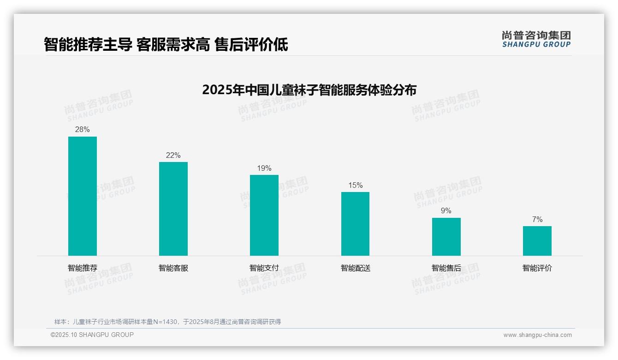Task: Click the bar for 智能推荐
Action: pos(83,196)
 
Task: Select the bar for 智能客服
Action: pos(173,209)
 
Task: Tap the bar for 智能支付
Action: pos(264,215)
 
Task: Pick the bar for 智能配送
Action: pos(355,224)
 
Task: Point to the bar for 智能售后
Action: pos(446,237)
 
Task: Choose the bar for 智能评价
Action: pos(537,241)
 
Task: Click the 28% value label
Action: pos(83,130)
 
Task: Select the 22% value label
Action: pos(173,155)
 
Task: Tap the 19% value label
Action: pos(264,168)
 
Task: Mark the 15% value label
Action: pos(355,185)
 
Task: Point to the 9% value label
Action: pos(446,211)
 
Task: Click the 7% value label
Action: pos(537,219)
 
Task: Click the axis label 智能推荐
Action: pos(83,268)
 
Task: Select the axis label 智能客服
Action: pos(173,268)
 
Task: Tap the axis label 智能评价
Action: pos(537,268)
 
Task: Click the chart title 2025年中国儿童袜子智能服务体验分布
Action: pos(309,90)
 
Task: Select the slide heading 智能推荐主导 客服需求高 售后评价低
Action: pos(166,45)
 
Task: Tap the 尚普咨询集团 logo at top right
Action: pos(536,39)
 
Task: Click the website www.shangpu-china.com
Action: pos(537,335)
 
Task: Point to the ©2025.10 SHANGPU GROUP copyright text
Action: pos(92,335)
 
